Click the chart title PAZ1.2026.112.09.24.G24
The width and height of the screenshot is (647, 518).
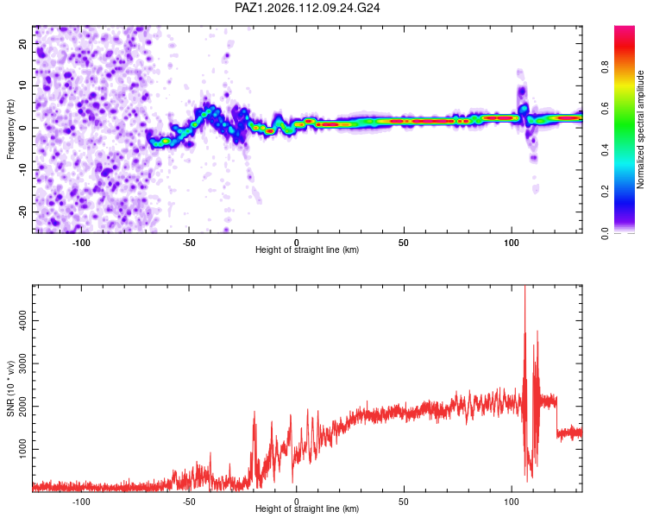click(x=307, y=8)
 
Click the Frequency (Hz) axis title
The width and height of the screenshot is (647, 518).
click(x=10, y=129)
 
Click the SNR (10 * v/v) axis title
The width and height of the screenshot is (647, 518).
click(x=10, y=388)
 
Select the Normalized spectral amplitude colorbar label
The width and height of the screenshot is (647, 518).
click(x=640, y=129)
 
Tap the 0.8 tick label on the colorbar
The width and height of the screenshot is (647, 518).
click(x=605, y=66)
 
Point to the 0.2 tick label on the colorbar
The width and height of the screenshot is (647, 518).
click(x=605, y=192)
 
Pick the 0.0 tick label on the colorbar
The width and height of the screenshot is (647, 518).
click(x=605, y=233)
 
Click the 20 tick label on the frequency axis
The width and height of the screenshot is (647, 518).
click(x=22, y=44)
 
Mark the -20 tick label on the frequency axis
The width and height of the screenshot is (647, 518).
click(x=22, y=212)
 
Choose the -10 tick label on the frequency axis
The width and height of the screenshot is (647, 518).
click(x=22, y=170)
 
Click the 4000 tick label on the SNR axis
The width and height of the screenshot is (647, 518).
click(x=22, y=320)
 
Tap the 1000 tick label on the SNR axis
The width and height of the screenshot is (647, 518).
click(x=22, y=449)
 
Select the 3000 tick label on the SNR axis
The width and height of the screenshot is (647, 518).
click(x=22, y=363)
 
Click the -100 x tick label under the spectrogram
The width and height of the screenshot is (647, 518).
click(x=81, y=243)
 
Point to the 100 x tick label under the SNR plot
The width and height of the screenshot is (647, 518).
click(x=512, y=502)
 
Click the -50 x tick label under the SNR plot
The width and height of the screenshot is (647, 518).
click(x=189, y=502)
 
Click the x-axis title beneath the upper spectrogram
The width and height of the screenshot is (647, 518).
click(x=307, y=250)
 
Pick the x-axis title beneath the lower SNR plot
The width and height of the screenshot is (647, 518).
click(x=307, y=509)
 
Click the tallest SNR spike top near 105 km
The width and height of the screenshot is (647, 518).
click(x=525, y=286)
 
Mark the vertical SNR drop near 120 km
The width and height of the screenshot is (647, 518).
click(x=556, y=417)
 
